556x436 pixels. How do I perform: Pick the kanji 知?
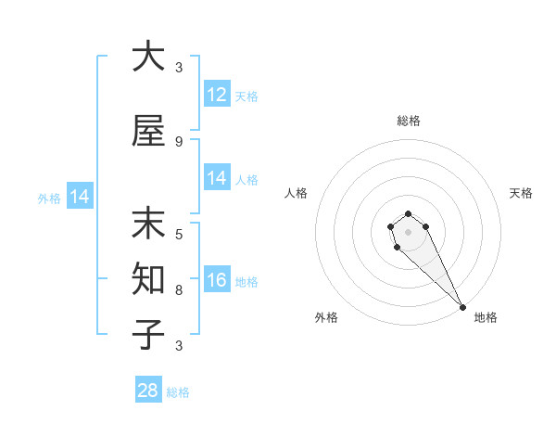click(148, 279)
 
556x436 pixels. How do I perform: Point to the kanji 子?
click(148, 335)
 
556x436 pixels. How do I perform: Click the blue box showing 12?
click(217, 95)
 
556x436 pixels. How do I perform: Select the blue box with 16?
click(217, 280)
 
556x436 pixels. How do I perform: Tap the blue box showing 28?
click(148, 391)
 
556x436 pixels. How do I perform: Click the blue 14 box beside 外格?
click(79, 197)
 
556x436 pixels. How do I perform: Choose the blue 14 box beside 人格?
click(217, 178)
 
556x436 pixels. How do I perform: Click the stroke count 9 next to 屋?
click(179, 141)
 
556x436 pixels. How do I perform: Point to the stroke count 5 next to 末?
click(179, 234)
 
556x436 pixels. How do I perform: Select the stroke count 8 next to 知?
click(179, 289)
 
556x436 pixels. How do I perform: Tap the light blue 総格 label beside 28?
click(178, 391)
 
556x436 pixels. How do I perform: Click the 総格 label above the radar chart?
click(408, 121)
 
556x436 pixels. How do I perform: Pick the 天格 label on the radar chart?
click(521, 193)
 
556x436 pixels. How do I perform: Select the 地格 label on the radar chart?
click(486, 317)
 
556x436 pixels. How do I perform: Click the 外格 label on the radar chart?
click(326, 317)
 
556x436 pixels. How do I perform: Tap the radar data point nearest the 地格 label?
click(461, 307)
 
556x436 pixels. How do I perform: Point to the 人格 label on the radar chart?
click(296, 193)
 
